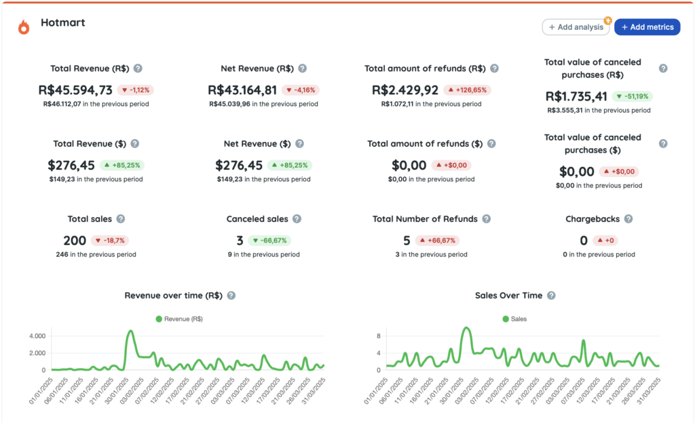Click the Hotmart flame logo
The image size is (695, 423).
pos(24,27)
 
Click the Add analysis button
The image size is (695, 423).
pos(576,27)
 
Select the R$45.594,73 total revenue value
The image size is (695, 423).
pos(75,90)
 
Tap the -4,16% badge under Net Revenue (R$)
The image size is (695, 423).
pos(301,90)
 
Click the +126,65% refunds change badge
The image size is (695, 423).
pos(467,90)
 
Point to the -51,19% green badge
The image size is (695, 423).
pos(632,96)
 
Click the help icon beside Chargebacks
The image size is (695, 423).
pos(628,219)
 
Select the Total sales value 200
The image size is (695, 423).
pos(75,240)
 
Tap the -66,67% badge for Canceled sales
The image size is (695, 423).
pos(269,240)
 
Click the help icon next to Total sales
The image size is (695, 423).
pos(121,219)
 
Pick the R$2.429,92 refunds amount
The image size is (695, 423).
pos(405,90)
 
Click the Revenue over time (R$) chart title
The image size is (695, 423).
pos(173,295)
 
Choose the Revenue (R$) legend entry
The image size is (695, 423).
pos(179,318)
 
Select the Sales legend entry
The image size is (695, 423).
pos(514,318)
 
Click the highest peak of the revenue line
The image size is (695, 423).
pos(130,331)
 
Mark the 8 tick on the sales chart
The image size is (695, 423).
pos(379,336)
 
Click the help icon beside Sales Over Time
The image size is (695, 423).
pos(551,295)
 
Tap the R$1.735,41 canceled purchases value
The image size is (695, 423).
pos(576,96)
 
